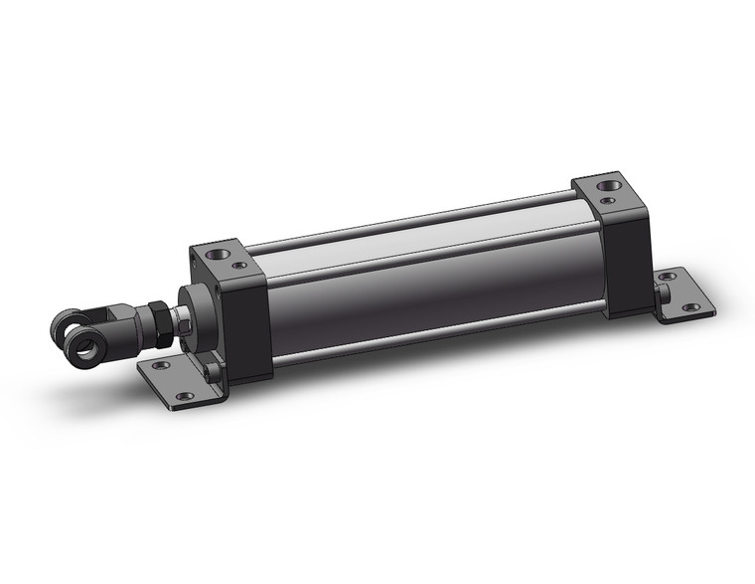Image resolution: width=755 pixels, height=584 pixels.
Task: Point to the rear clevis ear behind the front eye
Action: coord(66,325)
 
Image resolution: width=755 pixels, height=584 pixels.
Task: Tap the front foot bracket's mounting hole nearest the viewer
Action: coord(185,396)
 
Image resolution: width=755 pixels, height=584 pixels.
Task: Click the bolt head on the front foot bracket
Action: coord(214,372)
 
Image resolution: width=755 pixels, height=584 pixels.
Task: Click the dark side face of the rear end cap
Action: coord(626,259)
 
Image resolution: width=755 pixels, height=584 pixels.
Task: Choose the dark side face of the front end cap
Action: coord(248,328)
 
